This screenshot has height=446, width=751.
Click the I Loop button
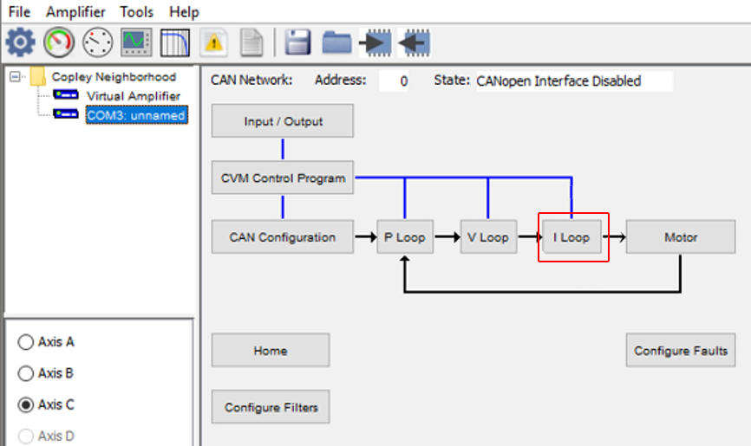571,237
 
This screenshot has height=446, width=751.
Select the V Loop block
488,237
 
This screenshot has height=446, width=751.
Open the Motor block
681,237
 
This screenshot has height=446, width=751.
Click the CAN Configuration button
283,237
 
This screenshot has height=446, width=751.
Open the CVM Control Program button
283,178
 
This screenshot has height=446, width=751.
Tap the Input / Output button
283,120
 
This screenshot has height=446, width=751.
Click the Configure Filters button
271,407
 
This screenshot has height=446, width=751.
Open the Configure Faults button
681,350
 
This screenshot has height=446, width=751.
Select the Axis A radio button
26,342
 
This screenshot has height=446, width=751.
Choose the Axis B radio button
26,373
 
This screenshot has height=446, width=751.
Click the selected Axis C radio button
26,404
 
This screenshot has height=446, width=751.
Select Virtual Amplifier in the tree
134,96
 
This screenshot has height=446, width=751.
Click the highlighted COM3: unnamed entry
136,115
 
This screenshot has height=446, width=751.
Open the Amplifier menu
75,11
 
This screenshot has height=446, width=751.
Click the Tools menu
136,11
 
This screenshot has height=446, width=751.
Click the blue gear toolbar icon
20,42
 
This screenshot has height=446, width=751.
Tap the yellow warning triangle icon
213,42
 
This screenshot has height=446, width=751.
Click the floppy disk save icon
298,42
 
